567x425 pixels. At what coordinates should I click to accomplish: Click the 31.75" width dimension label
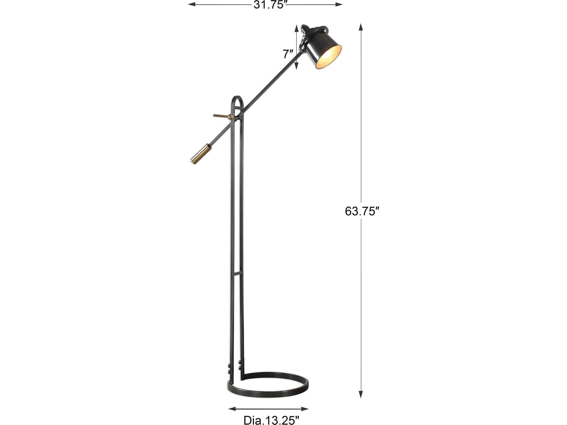coord(269,5)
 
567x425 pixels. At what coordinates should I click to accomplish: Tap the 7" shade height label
coord(288,54)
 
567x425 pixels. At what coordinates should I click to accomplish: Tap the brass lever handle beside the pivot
coord(220,116)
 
